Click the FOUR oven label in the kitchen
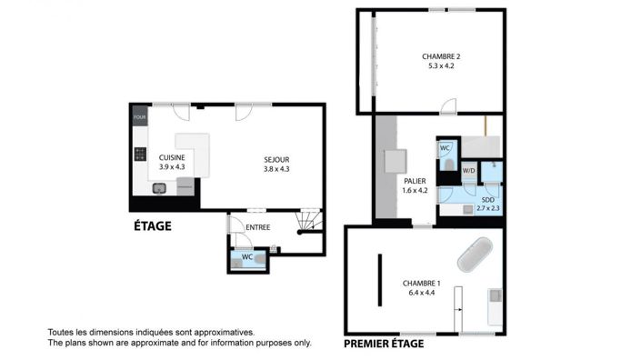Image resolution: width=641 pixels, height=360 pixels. tap(139, 117)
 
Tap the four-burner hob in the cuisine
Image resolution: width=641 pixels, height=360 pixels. tap(140, 155)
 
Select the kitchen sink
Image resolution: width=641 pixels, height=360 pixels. tap(158, 188)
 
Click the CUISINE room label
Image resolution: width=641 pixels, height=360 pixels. tap(171, 157)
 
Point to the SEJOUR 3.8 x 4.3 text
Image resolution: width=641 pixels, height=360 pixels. tap(276, 163)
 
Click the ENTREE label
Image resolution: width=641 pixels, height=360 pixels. tap(257, 226)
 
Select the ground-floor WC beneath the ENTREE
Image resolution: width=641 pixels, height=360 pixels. tap(247, 258)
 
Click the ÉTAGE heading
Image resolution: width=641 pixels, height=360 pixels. tap(152, 225)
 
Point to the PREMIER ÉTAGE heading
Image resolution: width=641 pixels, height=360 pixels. tap(383, 344)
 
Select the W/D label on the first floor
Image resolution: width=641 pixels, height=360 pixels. tap(468, 171)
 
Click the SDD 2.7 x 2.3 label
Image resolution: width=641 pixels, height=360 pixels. tap(488, 204)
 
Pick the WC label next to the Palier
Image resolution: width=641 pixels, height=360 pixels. tap(446, 147)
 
